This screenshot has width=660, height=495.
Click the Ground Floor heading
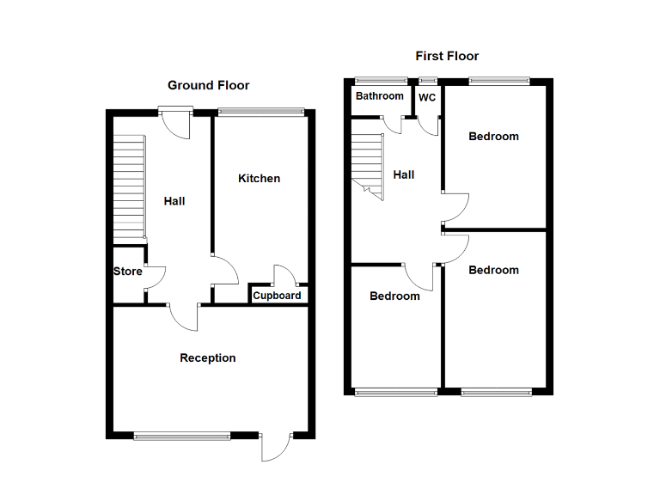(x=208, y=85)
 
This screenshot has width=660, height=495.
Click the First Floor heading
(x=447, y=56)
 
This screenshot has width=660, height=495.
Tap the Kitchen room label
(x=259, y=179)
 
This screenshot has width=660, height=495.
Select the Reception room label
(x=207, y=357)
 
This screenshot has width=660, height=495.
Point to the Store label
(x=127, y=272)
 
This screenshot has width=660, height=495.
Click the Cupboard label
(x=277, y=296)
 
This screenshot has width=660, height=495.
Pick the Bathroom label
(x=380, y=96)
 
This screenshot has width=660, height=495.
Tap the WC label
(x=427, y=97)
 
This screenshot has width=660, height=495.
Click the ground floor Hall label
(x=174, y=201)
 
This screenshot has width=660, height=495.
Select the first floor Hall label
(x=403, y=174)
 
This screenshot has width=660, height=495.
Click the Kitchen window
(x=261, y=111)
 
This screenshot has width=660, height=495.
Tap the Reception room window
(x=182, y=436)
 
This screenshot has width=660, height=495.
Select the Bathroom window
(x=382, y=81)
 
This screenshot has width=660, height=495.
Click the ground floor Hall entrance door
(x=177, y=123)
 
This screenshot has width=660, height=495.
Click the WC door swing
(x=430, y=125)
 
